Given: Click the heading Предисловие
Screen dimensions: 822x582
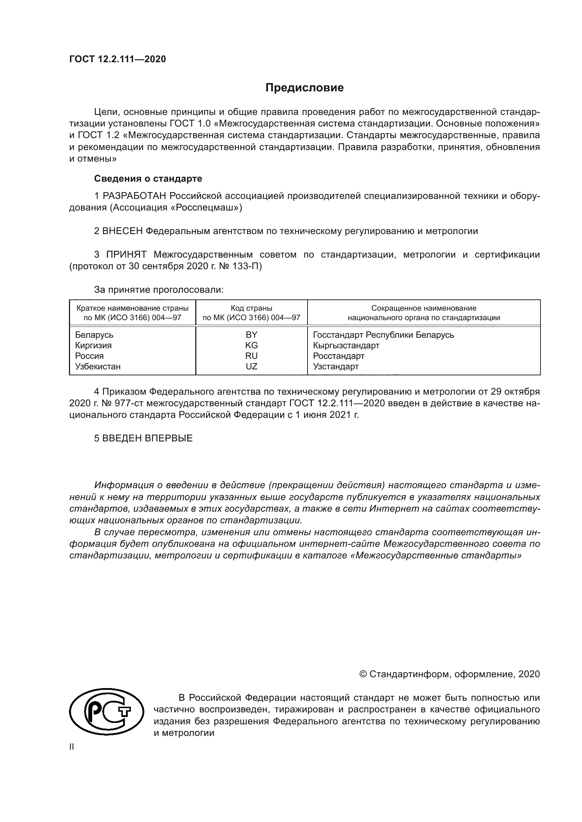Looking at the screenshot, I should coord(304,88).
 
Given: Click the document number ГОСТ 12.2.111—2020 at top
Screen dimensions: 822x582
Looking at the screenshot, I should coord(118,59).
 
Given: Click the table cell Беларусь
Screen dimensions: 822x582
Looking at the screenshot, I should coord(94,335).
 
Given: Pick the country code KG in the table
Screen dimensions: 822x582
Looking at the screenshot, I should coord(251,345).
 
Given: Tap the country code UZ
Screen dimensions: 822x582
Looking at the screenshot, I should coord(251,366).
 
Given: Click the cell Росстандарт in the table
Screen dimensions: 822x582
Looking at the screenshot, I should coord(338,356).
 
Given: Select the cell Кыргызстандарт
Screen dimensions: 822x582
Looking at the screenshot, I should coord(346,345).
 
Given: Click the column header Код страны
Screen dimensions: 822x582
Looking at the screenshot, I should coord(251,308).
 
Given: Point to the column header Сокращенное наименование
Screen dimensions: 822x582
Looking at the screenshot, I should coord(424,308).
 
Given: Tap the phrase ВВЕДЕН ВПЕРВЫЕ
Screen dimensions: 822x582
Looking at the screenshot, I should coord(147,438).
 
